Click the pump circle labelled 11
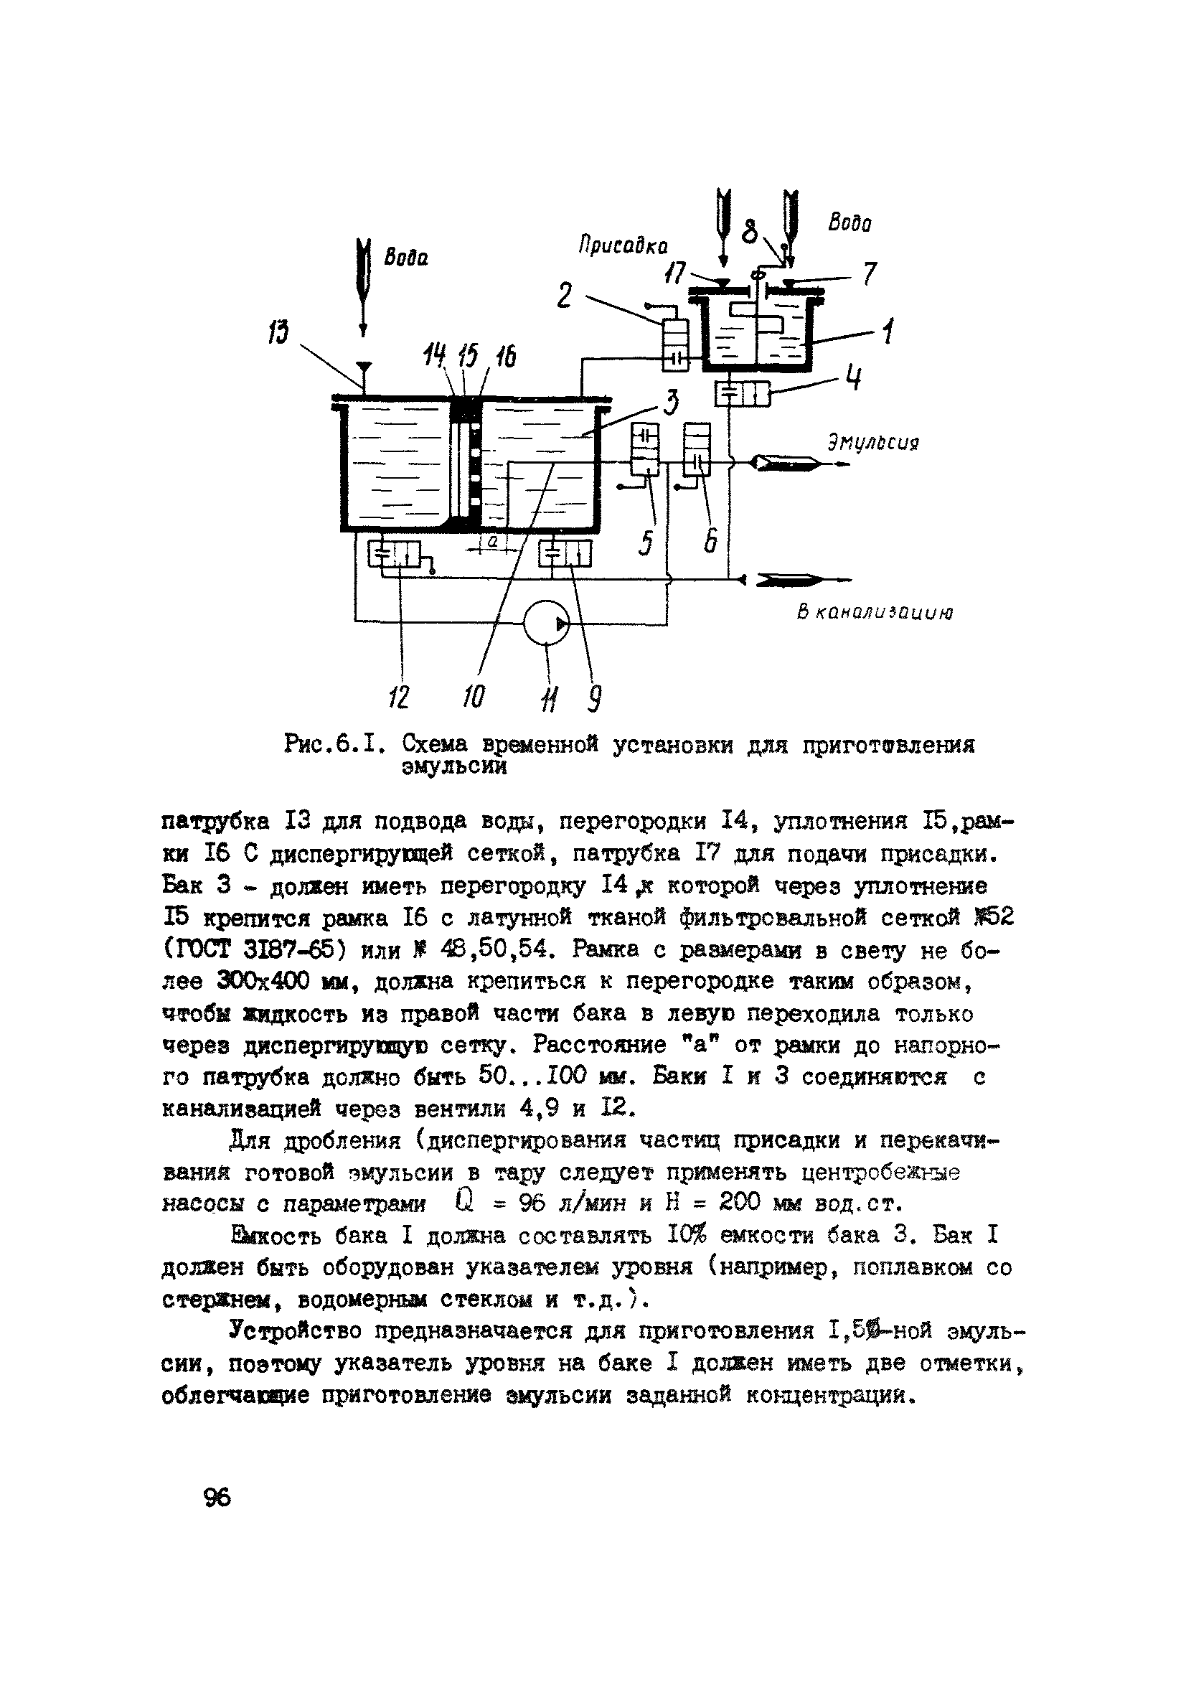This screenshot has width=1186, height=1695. tap(546, 623)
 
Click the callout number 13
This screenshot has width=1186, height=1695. tap(278, 332)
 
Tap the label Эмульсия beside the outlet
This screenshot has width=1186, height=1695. tap(873, 443)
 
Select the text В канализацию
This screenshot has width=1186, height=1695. tap(875, 612)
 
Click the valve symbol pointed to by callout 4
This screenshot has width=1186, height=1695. tap(742, 393)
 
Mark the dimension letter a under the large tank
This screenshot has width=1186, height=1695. tap(492, 543)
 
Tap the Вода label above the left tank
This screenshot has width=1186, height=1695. tap(405, 258)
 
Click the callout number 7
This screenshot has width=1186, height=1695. tap(869, 275)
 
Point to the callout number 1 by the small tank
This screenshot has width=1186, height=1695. tap(888, 330)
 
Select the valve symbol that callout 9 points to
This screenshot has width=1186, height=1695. tap(565, 554)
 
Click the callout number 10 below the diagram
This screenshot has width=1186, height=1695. tap(474, 695)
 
